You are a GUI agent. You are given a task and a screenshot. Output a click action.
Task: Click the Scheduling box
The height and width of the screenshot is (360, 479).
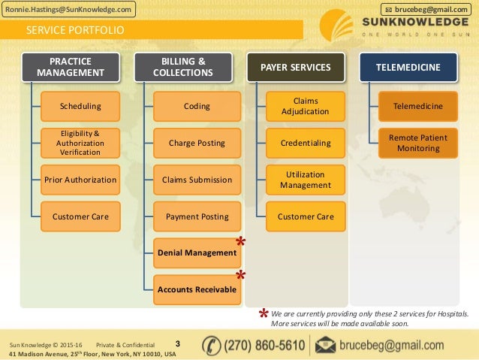tap(80, 107)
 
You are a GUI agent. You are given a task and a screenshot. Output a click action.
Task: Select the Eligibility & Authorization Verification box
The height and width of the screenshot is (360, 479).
tap(80, 143)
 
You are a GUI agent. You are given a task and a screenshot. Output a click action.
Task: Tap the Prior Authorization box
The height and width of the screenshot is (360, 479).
tap(80, 180)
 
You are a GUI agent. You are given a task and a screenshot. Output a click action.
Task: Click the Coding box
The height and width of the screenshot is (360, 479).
tap(197, 107)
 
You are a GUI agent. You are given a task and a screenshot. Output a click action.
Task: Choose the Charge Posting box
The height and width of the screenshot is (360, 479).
tap(197, 143)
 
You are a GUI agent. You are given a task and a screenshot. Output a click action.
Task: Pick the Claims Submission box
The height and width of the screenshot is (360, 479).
tap(197, 180)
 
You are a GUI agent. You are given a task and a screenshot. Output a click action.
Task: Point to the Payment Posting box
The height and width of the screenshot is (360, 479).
tap(197, 216)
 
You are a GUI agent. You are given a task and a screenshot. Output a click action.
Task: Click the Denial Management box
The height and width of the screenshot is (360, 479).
tap(197, 253)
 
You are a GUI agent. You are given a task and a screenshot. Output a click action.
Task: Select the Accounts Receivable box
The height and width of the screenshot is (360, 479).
tap(197, 289)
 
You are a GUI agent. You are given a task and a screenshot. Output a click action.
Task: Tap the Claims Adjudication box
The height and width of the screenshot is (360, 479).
tap(305, 107)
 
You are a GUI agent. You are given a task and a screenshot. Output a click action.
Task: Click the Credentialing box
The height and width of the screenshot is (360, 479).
tap(305, 143)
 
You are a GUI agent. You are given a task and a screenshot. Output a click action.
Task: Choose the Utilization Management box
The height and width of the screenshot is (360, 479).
tap(305, 180)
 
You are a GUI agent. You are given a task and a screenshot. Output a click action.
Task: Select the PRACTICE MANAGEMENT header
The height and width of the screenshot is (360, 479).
tap(71, 68)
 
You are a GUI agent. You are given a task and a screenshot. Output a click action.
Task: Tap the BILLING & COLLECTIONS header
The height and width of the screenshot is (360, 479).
tap(182, 68)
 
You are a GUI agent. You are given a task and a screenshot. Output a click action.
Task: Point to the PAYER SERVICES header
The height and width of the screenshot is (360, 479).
tap(295, 68)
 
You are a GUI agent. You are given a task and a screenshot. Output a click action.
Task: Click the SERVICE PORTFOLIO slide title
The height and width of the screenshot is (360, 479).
tap(75, 31)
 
